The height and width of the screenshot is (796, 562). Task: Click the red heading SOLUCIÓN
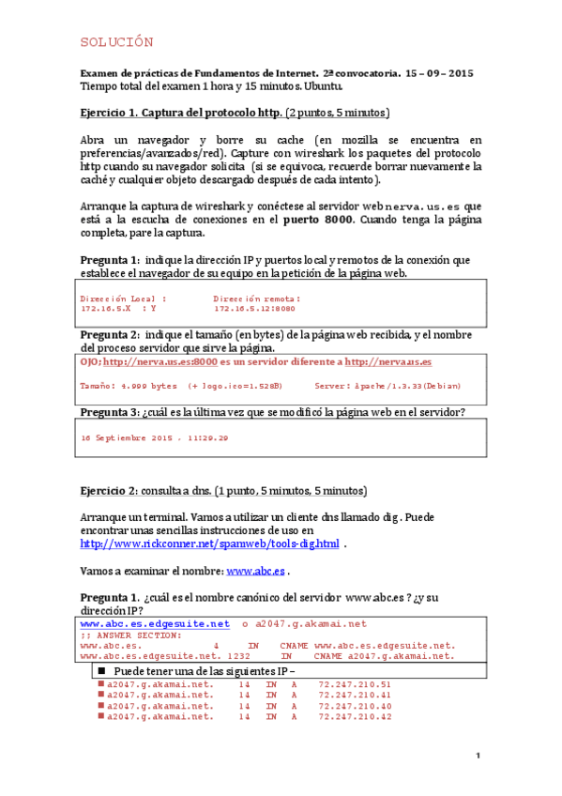[116, 43]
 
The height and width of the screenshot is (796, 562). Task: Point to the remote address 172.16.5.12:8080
[254, 307]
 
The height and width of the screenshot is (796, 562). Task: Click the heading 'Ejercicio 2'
[107, 491]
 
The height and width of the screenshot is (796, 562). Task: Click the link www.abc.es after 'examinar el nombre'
[255, 570]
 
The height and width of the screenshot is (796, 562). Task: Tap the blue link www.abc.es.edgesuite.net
[155, 623]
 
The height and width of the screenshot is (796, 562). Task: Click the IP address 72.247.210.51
[355, 684]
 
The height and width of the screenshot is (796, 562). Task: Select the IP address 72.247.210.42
[355, 716]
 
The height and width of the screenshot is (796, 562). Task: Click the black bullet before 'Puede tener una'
[101, 673]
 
